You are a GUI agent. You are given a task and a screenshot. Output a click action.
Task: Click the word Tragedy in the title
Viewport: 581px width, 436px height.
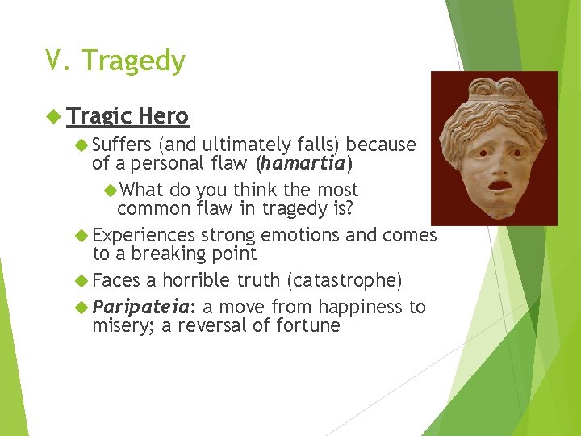[133, 61]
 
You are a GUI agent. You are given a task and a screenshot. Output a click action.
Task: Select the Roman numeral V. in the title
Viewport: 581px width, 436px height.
[59, 61]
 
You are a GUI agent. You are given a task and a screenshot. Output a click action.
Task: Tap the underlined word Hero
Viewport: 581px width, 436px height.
[163, 116]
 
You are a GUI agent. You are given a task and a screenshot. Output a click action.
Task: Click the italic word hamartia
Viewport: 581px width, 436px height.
[300, 164]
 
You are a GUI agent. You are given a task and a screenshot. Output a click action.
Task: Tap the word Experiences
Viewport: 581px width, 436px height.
[144, 235]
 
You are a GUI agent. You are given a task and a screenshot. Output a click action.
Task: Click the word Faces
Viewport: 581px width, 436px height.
[116, 280]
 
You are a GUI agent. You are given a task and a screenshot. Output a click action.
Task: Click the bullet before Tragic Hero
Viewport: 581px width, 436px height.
[54, 117]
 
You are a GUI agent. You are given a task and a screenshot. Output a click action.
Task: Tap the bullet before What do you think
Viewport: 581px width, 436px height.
[111, 191]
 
